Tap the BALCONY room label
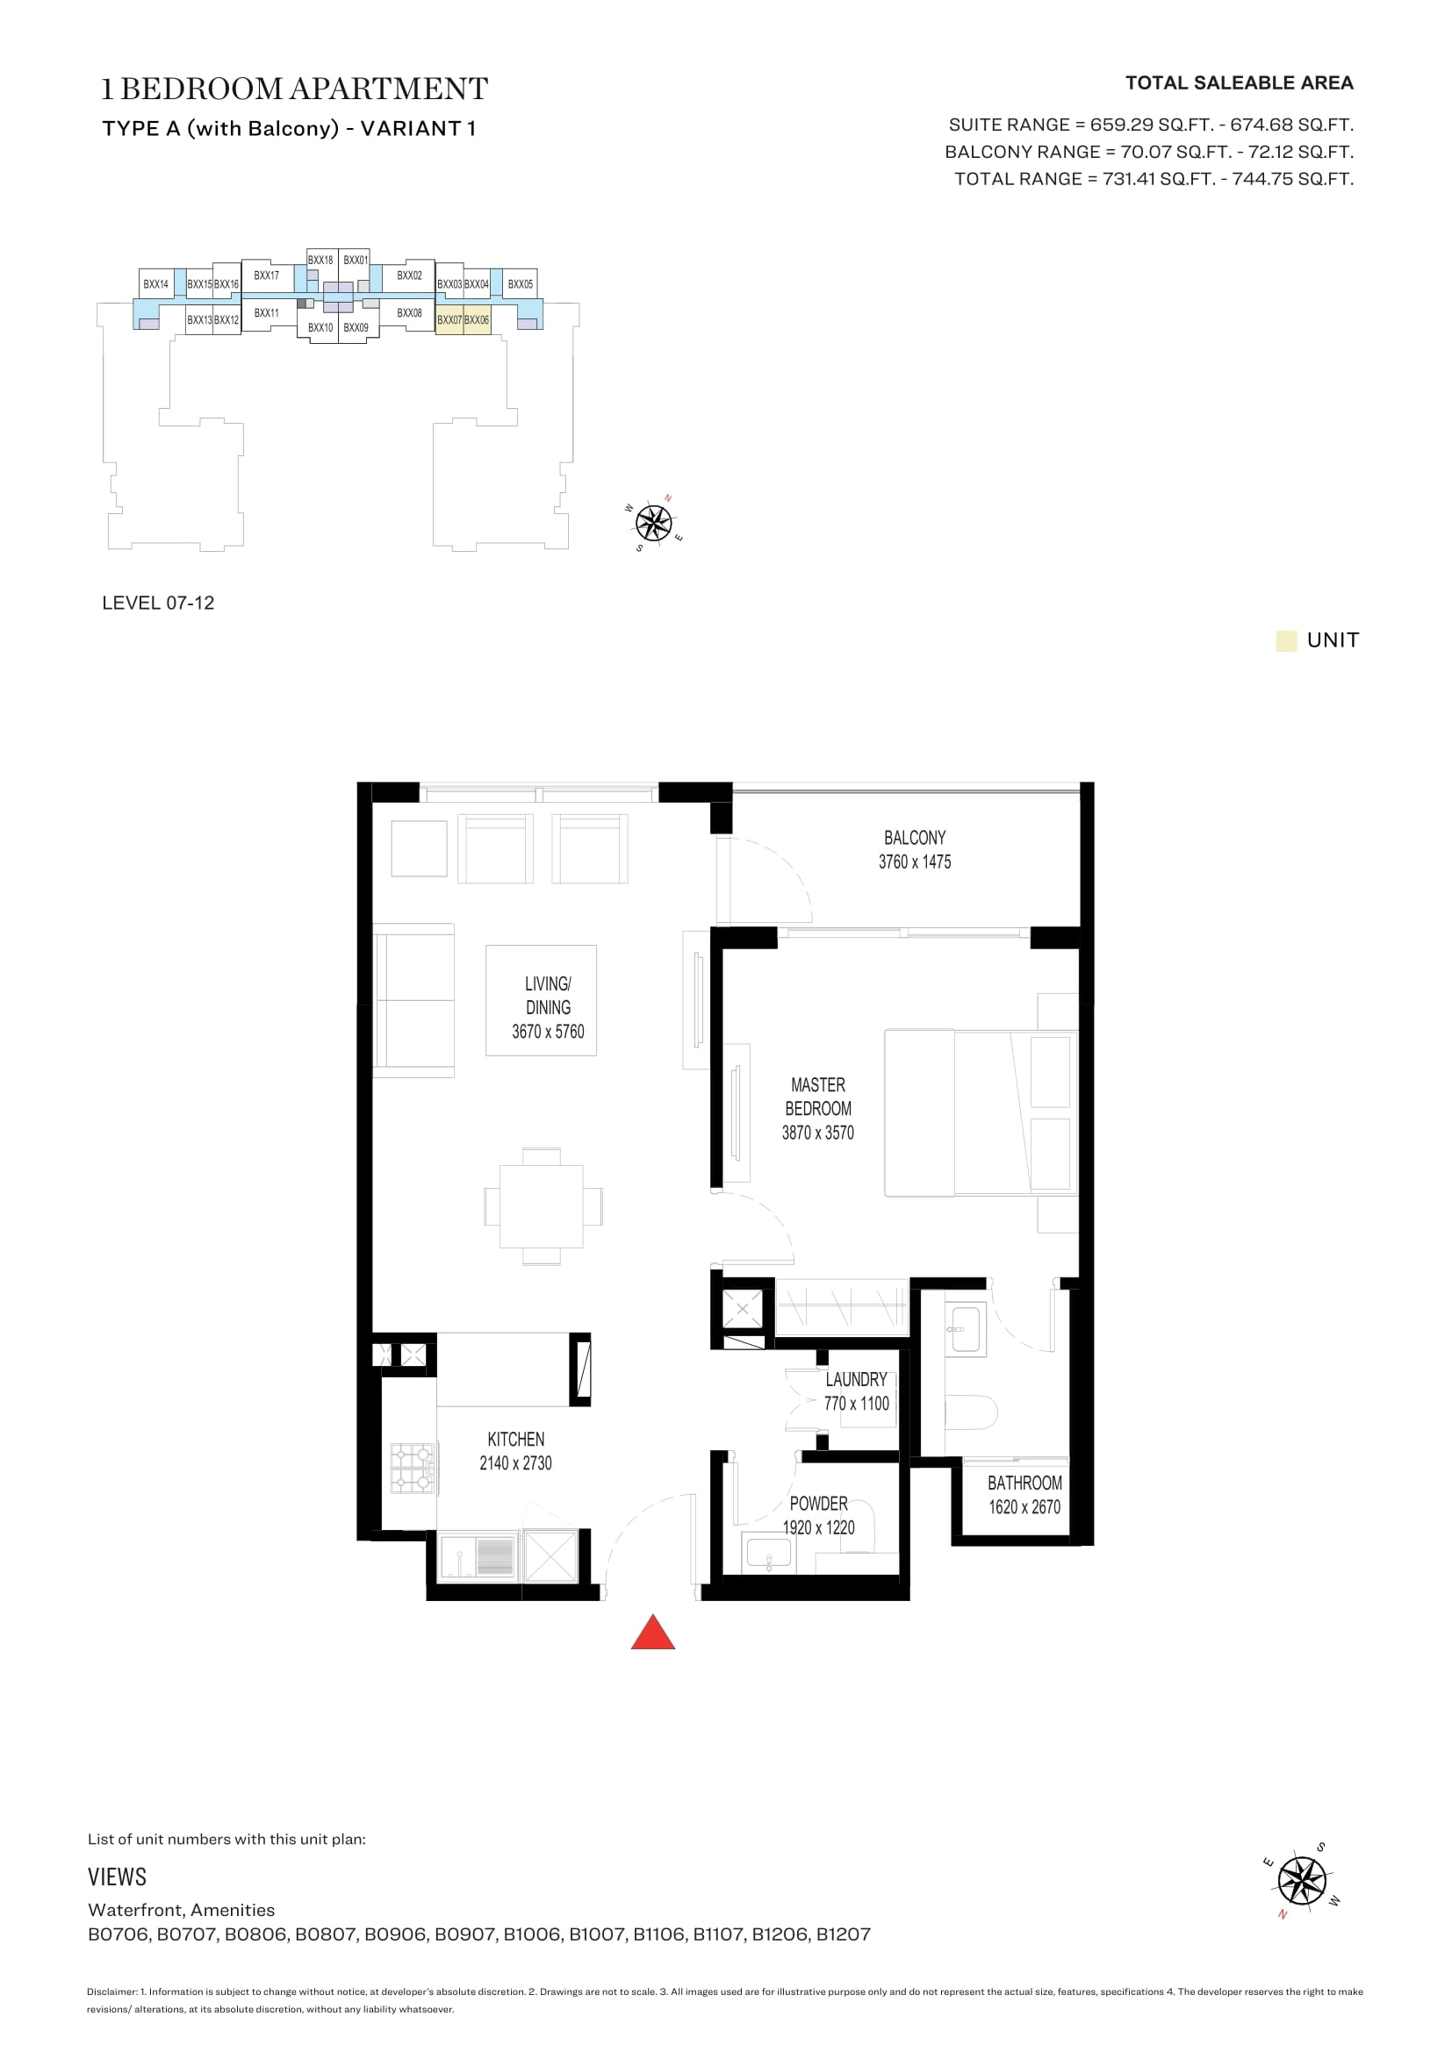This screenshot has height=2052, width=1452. (915, 838)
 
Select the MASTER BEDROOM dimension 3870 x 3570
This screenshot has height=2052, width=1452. (817, 1133)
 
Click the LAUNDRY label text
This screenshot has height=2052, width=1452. (856, 1379)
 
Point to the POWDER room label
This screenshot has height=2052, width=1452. (818, 1504)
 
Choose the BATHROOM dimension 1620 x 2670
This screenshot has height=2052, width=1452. (1024, 1507)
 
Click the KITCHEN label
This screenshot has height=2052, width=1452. (516, 1439)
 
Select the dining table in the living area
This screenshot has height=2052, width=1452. (542, 1205)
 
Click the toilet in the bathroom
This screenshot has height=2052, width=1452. (972, 1412)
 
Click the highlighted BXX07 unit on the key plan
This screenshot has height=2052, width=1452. (449, 320)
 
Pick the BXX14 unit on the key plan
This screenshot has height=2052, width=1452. (155, 283)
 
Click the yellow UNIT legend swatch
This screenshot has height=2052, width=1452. (1286, 640)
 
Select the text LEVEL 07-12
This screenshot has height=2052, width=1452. (158, 603)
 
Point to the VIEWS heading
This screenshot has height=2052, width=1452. (117, 1877)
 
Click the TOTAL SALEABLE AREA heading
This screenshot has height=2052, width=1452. (1240, 83)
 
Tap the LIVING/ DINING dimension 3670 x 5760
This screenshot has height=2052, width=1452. (547, 1032)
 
